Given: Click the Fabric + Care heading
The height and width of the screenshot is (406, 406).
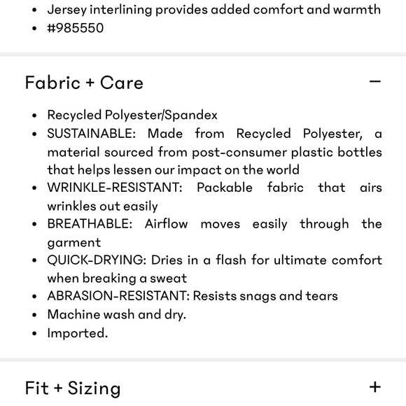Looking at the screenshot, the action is (84, 83).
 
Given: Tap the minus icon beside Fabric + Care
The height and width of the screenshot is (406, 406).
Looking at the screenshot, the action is (375, 81).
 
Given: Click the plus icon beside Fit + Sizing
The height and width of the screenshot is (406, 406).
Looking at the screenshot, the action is (375, 386).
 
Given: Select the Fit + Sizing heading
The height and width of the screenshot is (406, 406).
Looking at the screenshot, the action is (73, 388).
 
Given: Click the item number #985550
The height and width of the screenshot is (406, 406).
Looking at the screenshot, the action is (76, 28).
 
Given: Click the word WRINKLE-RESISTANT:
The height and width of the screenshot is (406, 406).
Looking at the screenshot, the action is (115, 188).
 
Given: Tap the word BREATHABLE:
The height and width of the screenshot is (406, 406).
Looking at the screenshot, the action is (90, 224).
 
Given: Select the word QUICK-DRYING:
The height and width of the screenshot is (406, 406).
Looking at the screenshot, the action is (97, 260).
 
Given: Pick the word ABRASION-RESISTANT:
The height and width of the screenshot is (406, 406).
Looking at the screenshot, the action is (118, 296).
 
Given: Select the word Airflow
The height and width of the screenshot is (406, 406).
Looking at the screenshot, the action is (172, 224).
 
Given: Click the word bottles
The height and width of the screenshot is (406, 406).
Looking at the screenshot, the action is (360, 152).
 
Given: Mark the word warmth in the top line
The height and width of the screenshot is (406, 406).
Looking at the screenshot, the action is (355, 10).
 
